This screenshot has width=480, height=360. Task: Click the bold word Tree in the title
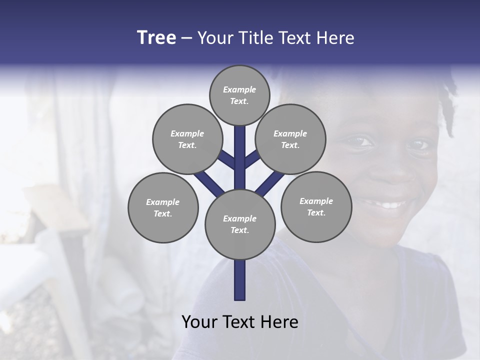(x=156, y=38)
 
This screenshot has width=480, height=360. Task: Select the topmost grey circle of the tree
(x=239, y=95)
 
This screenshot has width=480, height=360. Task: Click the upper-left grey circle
(x=187, y=139)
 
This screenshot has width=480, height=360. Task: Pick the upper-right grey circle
(x=290, y=139)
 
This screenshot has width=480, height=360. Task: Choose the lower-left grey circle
(x=163, y=207)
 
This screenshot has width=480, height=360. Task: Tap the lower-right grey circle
(x=316, y=206)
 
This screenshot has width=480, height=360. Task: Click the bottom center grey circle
(x=240, y=224)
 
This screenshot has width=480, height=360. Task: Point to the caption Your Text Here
(x=240, y=322)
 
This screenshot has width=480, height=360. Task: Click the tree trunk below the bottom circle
(x=240, y=280)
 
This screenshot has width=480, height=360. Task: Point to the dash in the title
(x=186, y=38)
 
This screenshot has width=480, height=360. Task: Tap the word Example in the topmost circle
(x=239, y=89)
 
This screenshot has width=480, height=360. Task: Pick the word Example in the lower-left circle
(x=163, y=202)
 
